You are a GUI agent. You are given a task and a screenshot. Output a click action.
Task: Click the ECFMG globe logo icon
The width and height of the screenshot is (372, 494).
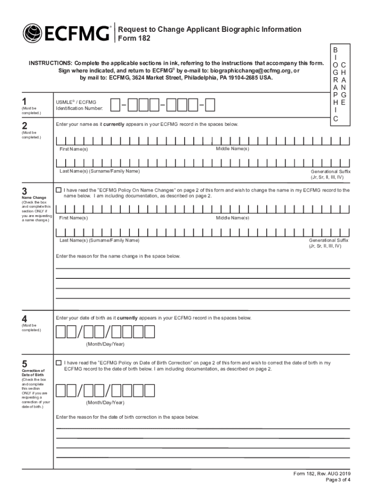(32, 33)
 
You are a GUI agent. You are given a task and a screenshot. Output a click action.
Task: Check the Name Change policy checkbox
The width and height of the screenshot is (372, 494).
(59, 190)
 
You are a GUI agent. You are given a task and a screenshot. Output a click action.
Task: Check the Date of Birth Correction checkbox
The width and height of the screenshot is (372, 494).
(59, 362)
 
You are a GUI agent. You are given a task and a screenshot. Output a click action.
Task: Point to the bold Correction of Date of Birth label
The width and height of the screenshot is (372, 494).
(33, 372)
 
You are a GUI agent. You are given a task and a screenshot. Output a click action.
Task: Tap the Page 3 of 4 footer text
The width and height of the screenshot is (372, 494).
(338, 480)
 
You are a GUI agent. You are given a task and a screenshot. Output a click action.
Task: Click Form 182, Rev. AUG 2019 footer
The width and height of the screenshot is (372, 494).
(322, 473)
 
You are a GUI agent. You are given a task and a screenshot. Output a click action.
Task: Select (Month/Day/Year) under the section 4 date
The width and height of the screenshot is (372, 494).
(105, 344)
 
